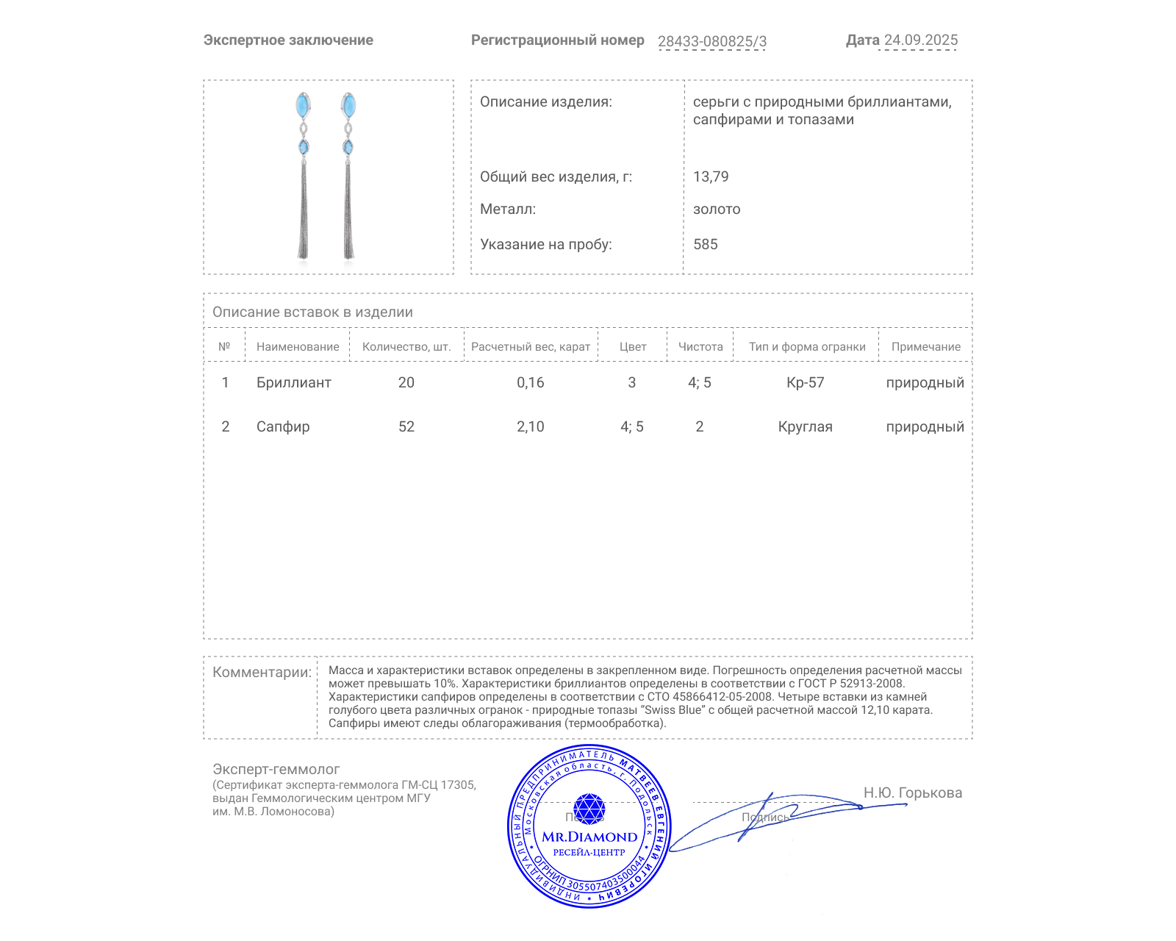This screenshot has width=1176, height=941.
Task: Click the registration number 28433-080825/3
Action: pyautogui.click(x=711, y=41)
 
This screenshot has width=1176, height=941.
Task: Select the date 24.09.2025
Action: pyautogui.click(x=920, y=40)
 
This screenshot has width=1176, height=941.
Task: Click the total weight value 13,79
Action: pyautogui.click(x=711, y=176)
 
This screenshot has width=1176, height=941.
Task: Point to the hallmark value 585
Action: pyautogui.click(x=705, y=244)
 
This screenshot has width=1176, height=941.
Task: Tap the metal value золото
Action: pyautogui.click(x=717, y=209)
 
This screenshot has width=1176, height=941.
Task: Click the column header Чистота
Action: pyautogui.click(x=700, y=347)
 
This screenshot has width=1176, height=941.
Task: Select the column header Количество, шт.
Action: pyautogui.click(x=406, y=347)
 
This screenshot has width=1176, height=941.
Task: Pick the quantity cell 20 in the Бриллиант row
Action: pyautogui.click(x=406, y=382)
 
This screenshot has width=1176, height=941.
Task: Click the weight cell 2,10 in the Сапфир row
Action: pyautogui.click(x=531, y=426)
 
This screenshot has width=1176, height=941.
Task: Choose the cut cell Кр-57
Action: pyautogui.click(x=806, y=382)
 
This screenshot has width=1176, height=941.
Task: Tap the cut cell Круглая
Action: pyautogui.click(x=806, y=426)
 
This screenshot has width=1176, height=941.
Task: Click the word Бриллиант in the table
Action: pyautogui.click(x=294, y=382)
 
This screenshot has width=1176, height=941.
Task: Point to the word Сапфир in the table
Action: pyautogui.click(x=283, y=426)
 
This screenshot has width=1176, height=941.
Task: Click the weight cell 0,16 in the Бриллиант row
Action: pyautogui.click(x=531, y=382)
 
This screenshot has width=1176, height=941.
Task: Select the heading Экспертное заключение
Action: pyautogui.click(x=288, y=40)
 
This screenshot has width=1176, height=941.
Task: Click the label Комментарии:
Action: pyautogui.click(x=262, y=672)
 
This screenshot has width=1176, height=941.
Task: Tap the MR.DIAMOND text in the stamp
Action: pyautogui.click(x=589, y=837)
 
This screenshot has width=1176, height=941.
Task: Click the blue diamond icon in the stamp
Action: pyautogui.click(x=589, y=808)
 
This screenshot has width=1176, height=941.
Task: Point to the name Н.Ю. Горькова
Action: pyautogui.click(x=912, y=792)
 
